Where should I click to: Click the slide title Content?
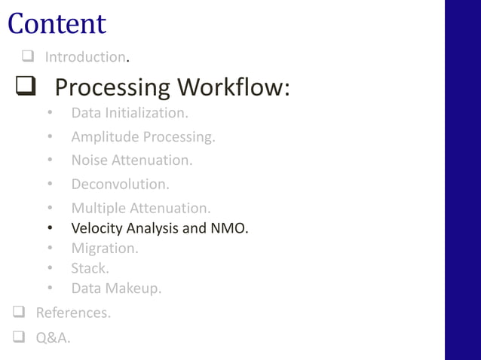(57, 23)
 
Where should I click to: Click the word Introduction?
(84, 57)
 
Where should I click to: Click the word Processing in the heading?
(112, 88)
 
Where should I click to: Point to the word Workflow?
(233, 88)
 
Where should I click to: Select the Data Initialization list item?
(129, 113)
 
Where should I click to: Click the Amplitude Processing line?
(143, 137)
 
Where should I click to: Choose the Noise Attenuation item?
(132, 160)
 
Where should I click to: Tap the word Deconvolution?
(120, 184)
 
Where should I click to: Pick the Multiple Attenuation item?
(141, 208)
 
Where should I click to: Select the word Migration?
(104, 248)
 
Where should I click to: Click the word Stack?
(90, 267)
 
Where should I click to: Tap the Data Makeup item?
(116, 288)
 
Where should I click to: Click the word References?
(72, 313)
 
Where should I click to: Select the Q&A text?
(53, 338)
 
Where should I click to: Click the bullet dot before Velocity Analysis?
(49, 228)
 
